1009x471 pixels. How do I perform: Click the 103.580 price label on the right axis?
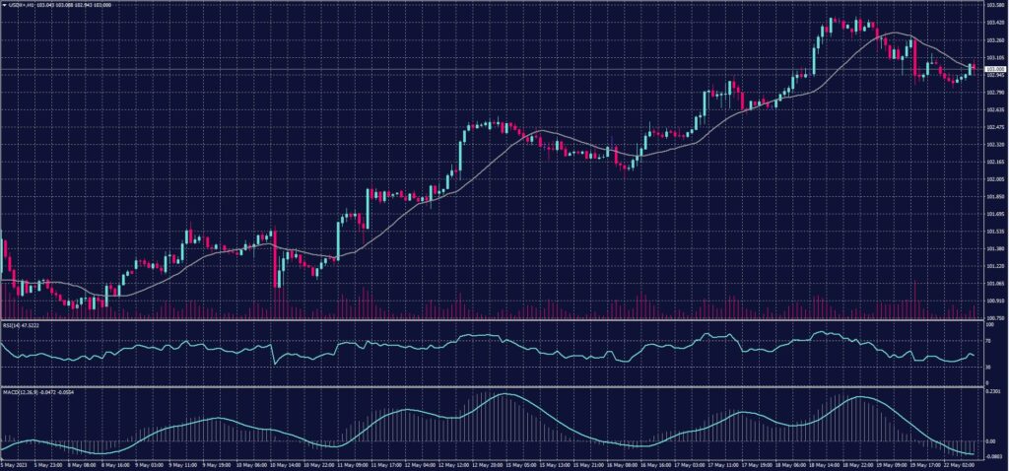click(x=994, y=6)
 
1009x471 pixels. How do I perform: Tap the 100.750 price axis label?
click(x=994, y=318)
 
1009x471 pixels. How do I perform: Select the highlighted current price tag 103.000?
click(x=994, y=69)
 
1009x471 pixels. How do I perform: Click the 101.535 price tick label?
click(x=994, y=231)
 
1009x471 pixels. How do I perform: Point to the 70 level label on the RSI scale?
click(x=988, y=339)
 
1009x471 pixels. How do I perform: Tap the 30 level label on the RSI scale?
click(x=988, y=367)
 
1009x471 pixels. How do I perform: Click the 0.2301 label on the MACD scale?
click(x=993, y=392)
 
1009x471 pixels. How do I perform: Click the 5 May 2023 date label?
click(x=14, y=462)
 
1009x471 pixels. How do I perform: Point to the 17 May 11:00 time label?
click(x=726, y=462)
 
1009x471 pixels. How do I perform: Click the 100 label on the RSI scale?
click(x=989, y=324)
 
